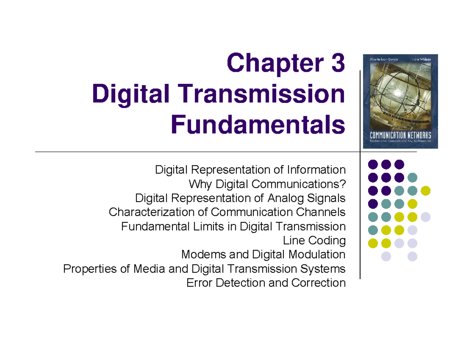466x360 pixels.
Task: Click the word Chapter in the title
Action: [272, 64]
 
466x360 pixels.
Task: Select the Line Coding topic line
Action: [314, 240]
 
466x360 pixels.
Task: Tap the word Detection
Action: [241, 283]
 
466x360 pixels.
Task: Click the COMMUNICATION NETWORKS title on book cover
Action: [400, 136]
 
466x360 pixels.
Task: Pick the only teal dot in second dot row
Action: [412, 177]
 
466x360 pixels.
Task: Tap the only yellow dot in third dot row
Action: [426, 191]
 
